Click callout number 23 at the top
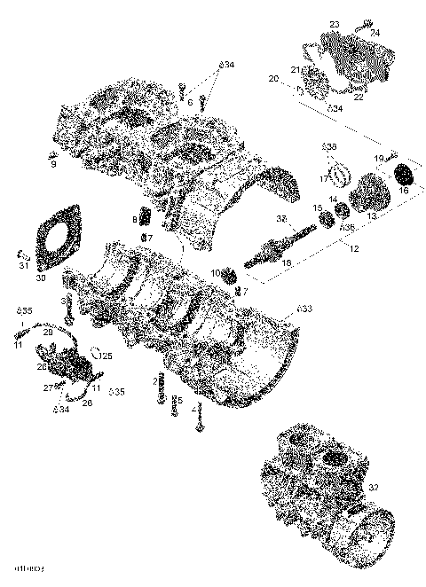click(335, 23)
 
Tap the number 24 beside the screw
click(375, 33)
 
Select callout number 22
click(359, 98)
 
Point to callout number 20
click(273, 79)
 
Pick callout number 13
click(372, 215)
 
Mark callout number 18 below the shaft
click(286, 263)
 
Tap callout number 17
click(325, 178)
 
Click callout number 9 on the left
click(52, 164)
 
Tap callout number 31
click(24, 266)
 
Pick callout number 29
click(47, 332)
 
